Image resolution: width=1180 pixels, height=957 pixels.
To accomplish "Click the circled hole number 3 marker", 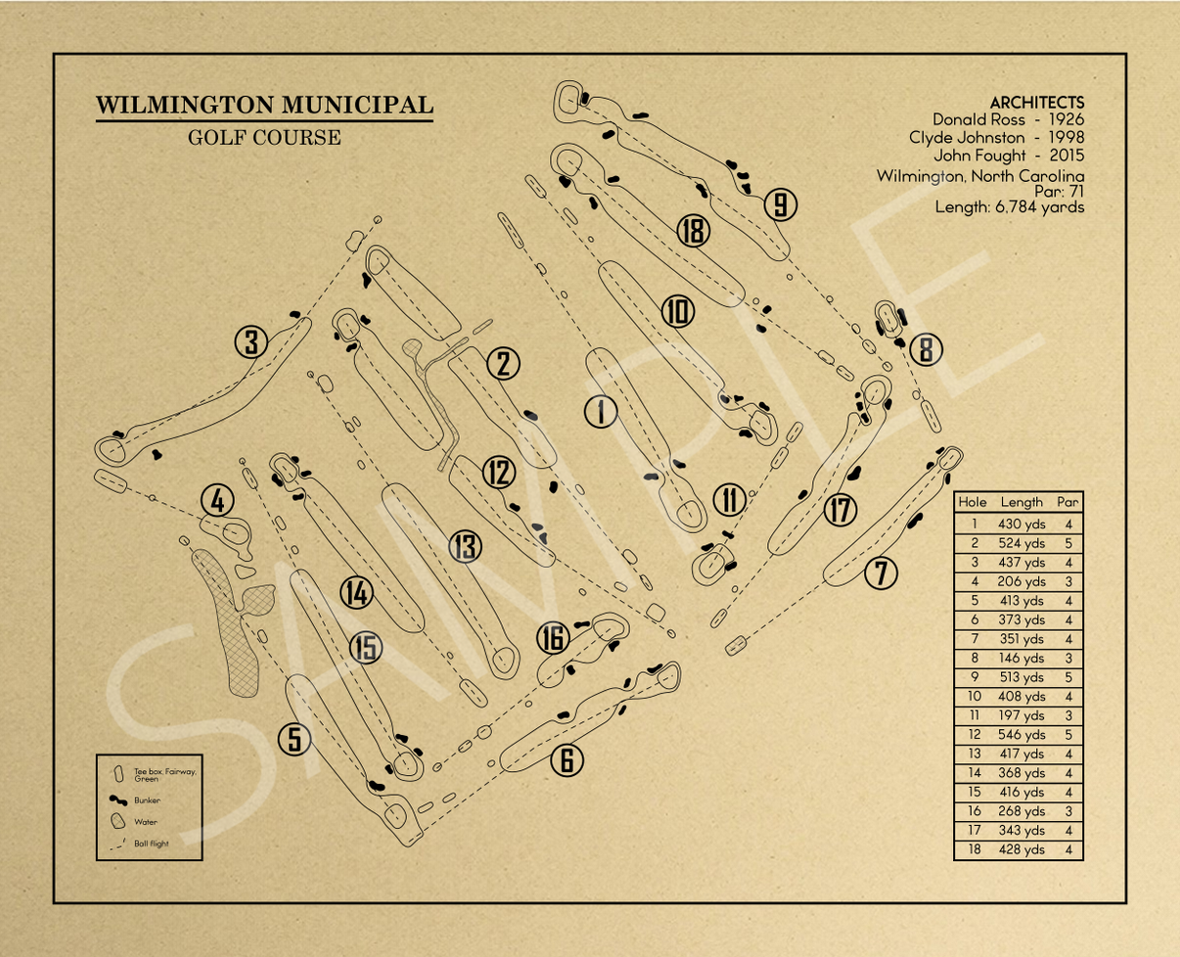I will [251, 342].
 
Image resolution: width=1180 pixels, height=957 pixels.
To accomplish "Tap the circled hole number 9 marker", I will [780, 205].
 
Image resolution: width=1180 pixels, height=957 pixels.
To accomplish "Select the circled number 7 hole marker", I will [882, 573].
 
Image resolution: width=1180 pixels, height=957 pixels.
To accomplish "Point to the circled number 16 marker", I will [553, 639].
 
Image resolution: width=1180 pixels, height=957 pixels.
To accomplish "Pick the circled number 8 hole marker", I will [927, 349].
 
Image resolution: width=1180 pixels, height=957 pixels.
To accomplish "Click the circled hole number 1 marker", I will [600, 412].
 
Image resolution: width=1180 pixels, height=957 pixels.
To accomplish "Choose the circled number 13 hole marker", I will [466, 548].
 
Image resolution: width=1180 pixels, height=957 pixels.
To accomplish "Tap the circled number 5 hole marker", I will [295, 740].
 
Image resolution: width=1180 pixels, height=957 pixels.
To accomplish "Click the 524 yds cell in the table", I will [1021, 543].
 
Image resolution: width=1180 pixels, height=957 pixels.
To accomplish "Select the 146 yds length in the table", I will [1021, 658].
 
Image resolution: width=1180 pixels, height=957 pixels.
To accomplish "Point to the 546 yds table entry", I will [1021, 734].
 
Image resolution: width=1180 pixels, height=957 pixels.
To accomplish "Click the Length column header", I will [1021, 502].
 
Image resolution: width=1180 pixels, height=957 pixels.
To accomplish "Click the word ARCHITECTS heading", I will [1036, 102].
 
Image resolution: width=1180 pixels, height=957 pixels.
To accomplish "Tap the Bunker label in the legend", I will [148, 799].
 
